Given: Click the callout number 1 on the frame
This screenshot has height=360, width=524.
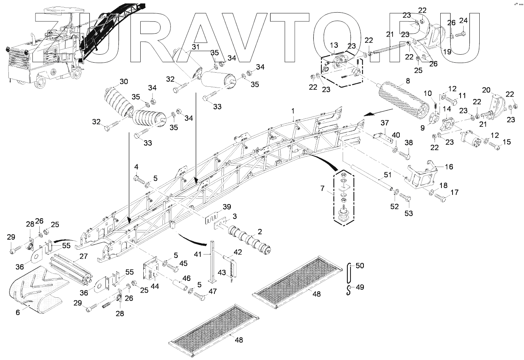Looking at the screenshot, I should pyautogui.click(x=293, y=110).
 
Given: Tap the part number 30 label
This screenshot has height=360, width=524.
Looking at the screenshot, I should pyautogui.click(x=124, y=81).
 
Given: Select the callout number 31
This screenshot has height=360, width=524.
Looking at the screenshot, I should pyautogui.click(x=195, y=47).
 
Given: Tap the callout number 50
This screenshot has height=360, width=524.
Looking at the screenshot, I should pyautogui.click(x=360, y=265).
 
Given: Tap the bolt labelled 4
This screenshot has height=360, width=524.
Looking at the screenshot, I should pyautogui.click(x=139, y=178).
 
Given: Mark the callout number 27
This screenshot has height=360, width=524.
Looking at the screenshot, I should pyautogui.click(x=83, y=256).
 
